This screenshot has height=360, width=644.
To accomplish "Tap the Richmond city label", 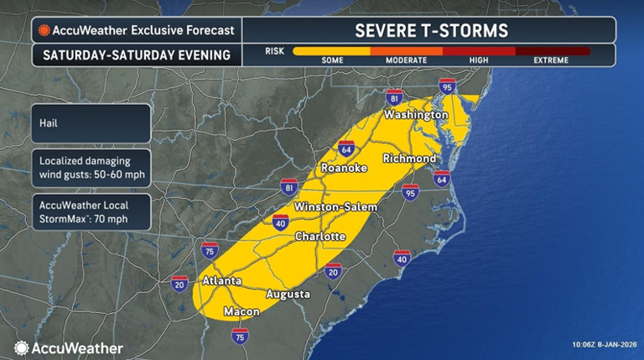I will [x=408, y=159].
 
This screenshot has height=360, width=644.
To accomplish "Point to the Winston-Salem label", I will [x=335, y=206].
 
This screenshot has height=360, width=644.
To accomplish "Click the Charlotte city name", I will [x=319, y=237].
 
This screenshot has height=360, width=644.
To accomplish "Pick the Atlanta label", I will [x=222, y=281].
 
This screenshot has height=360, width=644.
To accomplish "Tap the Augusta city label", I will [x=288, y=295].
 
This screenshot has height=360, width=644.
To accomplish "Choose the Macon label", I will [x=241, y=312].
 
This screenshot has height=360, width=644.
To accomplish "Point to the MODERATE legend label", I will [x=406, y=60].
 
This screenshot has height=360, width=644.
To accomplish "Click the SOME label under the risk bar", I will [x=333, y=60].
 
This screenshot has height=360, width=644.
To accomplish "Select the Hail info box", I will [x=91, y=122].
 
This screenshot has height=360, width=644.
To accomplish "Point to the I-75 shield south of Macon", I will [x=240, y=337].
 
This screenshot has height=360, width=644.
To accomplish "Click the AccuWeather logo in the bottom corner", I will [x=69, y=347].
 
